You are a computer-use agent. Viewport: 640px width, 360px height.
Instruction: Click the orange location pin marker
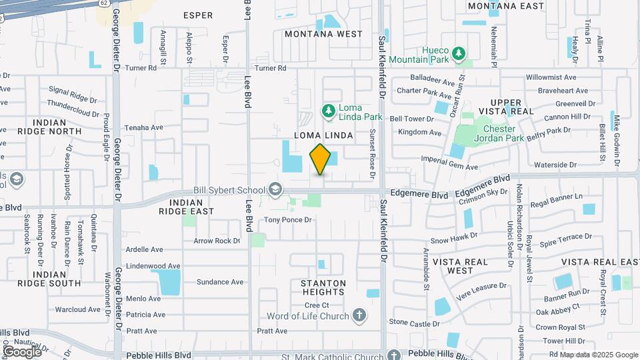[x=321, y=159]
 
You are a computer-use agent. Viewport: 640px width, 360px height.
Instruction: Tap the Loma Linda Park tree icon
[x=327, y=110]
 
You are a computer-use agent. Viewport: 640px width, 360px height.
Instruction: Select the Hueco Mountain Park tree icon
[x=458, y=53]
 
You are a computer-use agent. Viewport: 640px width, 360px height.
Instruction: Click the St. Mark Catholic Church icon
[x=393, y=356]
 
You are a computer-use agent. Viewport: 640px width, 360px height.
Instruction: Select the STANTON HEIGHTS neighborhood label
[x=324, y=287]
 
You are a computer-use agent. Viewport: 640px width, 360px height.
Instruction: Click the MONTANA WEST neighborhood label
[x=323, y=34]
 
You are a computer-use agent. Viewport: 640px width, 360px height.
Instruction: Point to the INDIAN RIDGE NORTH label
[x=50, y=127]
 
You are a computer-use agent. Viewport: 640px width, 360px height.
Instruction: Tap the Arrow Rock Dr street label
[x=216, y=241]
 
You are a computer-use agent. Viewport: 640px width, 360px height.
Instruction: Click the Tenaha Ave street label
[x=144, y=127]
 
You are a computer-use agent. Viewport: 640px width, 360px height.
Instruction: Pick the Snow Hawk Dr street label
[x=454, y=236]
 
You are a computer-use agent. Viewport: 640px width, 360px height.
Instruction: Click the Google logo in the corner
[x=21, y=351]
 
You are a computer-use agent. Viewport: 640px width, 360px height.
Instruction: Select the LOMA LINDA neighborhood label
[x=323, y=135]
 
